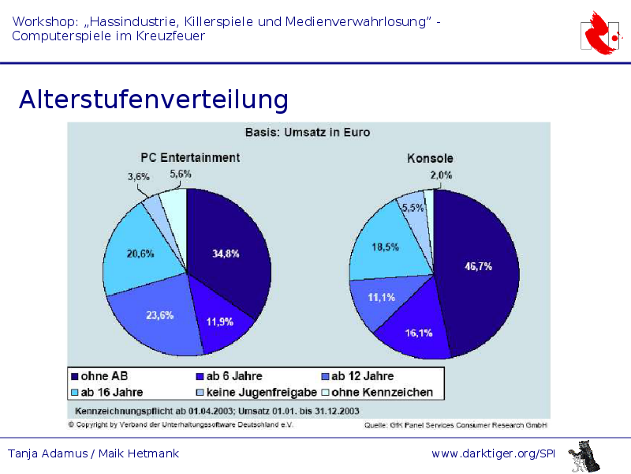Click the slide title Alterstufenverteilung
(154, 100)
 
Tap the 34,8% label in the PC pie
(226, 254)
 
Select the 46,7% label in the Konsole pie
(478, 266)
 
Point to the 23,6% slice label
(160, 314)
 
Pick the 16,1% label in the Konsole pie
(419, 333)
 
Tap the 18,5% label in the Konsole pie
(385, 246)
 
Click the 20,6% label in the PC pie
(140, 254)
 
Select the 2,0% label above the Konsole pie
(441, 175)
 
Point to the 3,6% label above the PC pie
(139, 177)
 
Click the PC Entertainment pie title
(190, 157)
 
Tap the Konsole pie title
(430, 158)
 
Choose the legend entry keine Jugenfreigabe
(261, 392)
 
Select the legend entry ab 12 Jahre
(362, 376)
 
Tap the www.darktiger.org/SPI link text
(494, 453)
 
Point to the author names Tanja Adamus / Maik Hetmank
(93, 453)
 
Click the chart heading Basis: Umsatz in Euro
(308, 132)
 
